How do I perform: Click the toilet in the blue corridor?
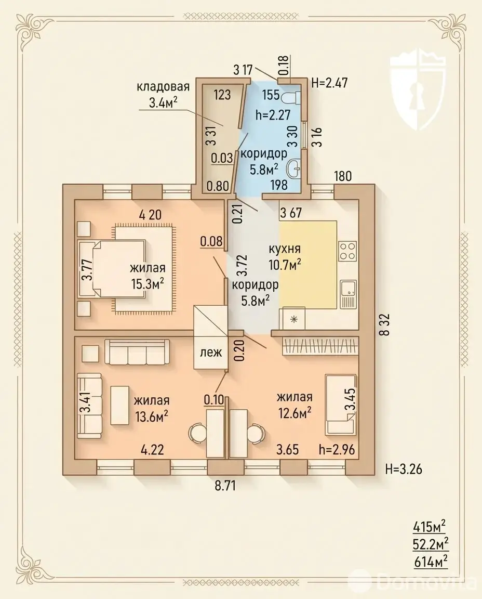(x=292, y=98)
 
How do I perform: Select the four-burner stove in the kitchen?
(x=347, y=251)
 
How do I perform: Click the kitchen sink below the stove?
(x=348, y=294)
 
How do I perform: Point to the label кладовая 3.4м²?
(x=163, y=94)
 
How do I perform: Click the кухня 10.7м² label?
(x=285, y=256)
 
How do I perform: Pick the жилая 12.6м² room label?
(x=294, y=405)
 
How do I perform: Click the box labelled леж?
(x=211, y=352)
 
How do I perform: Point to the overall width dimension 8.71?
(x=225, y=486)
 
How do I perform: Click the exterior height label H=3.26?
(x=404, y=468)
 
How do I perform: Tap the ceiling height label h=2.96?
(x=337, y=449)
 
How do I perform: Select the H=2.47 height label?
(x=330, y=83)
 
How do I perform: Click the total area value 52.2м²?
(x=431, y=543)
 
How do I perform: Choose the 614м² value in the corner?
(x=431, y=562)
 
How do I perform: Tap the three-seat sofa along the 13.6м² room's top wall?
(x=137, y=352)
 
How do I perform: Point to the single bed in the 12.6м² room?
(x=341, y=405)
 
